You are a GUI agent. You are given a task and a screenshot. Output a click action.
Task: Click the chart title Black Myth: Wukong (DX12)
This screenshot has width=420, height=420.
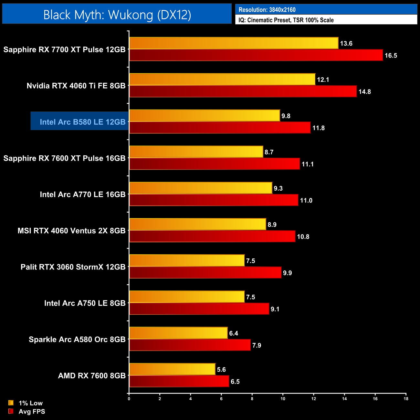click(x=117, y=15)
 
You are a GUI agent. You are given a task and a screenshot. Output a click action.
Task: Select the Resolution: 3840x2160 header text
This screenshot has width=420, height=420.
click(x=267, y=10)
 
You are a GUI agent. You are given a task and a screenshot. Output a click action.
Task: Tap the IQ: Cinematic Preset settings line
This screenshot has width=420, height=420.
click(x=286, y=20)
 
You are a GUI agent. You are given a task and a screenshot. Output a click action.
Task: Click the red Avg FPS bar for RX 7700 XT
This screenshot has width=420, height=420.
click(x=256, y=55)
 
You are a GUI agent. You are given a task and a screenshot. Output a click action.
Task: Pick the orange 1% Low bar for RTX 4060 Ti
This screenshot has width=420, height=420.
click(x=222, y=79)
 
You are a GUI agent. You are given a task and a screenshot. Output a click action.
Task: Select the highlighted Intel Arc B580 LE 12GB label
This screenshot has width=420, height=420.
click(x=82, y=122)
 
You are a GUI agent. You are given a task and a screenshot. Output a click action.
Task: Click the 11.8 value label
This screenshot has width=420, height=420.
click(x=318, y=128)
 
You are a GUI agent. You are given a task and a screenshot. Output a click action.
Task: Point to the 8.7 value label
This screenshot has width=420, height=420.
click(x=269, y=152)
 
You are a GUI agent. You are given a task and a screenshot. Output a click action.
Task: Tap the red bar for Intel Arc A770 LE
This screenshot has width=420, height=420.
click(x=214, y=200)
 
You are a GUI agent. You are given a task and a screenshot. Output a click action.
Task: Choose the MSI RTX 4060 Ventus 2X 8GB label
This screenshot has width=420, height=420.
click(x=71, y=231)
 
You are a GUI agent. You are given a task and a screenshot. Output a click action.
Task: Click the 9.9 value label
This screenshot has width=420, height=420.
click(x=287, y=273)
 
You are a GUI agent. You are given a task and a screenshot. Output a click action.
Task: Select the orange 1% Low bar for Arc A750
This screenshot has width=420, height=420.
click(x=187, y=297)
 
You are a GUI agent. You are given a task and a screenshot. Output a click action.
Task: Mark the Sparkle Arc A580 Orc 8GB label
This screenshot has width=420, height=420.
click(x=77, y=340)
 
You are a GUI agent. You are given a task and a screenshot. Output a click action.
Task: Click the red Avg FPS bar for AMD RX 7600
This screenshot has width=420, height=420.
click(x=179, y=382)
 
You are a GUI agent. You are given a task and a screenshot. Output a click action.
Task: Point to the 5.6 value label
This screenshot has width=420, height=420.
click(x=221, y=370)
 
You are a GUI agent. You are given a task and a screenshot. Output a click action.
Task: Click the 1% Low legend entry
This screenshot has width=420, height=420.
click(x=30, y=403)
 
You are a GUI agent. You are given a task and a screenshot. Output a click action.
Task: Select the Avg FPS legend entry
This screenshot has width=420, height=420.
click(x=32, y=412)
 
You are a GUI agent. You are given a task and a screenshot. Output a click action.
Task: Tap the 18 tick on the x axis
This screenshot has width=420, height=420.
click(x=406, y=399)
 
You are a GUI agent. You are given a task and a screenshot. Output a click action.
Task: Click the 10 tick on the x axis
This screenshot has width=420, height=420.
click(x=283, y=399)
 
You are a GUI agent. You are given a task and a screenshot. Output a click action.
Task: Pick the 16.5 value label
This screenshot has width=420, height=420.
click(x=391, y=56)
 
